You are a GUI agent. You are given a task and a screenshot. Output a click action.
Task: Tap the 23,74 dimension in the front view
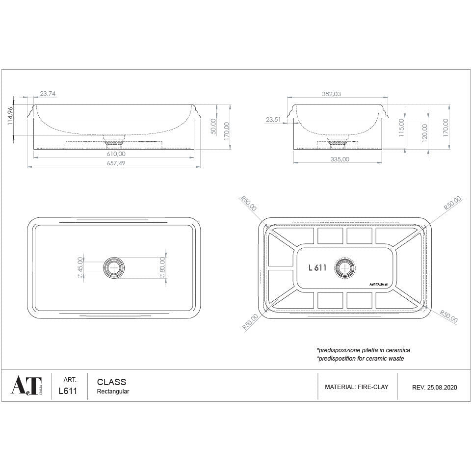coord(48,93)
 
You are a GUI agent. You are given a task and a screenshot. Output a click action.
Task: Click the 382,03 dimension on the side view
coord(331,94)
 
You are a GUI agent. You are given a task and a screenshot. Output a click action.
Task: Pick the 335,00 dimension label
coord(339,159)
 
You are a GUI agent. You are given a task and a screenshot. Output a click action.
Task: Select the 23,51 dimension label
coord(273,119)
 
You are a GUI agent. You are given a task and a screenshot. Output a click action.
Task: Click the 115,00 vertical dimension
coord(401,128)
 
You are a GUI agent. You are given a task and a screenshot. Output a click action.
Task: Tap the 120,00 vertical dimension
coord(424,132)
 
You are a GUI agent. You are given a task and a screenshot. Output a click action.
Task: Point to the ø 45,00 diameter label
coord(80,267)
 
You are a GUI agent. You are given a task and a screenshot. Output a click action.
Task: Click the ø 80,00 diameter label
coord(162,268)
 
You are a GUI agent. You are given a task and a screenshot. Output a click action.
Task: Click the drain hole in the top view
coord(114,267)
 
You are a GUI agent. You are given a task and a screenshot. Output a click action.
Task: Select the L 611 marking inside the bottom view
coord(317,267)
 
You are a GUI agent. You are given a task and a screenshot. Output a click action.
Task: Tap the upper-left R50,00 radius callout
coord(249,204)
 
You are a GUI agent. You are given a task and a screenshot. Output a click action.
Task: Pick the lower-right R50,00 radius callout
coord(448,316)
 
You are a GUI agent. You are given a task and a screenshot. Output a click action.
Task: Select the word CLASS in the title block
coord(111,382)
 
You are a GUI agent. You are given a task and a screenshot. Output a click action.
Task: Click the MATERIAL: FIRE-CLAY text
coord(356,387)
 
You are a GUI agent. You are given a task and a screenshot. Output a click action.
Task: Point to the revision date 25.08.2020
coord(442,387)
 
